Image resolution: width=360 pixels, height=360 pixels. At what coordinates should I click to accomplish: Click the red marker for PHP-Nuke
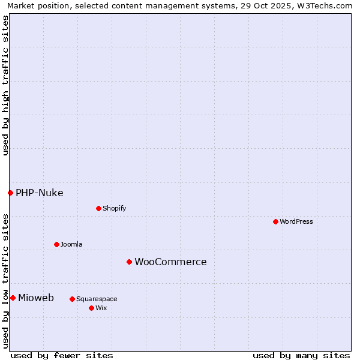(x=10, y=193)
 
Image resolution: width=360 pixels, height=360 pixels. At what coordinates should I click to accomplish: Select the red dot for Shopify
(x=98, y=208)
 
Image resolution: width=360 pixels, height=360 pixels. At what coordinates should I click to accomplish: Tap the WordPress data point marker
(x=275, y=221)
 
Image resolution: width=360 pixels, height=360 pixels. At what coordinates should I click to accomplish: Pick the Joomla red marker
(x=56, y=244)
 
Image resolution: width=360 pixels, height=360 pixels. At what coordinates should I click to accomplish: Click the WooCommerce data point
(x=129, y=262)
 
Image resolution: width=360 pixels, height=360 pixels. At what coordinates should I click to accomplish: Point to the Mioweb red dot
(x=13, y=298)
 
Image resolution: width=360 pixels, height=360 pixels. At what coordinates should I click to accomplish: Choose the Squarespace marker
(x=72, y=299)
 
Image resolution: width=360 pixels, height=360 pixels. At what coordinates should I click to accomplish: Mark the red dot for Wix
(x=91, y=308)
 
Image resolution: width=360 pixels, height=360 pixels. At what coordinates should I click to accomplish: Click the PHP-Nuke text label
(x=40, y=193)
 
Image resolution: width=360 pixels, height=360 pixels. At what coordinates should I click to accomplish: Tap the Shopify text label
(x=114, y=208)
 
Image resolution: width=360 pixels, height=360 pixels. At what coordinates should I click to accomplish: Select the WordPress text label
(x=296, y=221)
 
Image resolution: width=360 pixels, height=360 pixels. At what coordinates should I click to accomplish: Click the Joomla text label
(x=71, y=244)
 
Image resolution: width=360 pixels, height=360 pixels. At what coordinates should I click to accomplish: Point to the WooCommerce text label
(x=170, y=262)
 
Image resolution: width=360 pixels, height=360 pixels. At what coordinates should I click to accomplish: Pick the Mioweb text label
(x=36, y=298)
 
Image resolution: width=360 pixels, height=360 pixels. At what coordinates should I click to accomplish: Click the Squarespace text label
(x=97, y=299)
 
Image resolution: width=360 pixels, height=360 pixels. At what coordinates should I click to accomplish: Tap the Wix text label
(x=101, y=308)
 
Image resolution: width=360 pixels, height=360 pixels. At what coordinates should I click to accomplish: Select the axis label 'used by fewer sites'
(x=62, y=355)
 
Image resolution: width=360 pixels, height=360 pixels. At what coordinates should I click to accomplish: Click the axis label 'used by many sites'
(x=301, y=355)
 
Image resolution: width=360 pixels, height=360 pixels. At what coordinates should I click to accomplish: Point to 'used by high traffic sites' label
(x=5, y=86)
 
